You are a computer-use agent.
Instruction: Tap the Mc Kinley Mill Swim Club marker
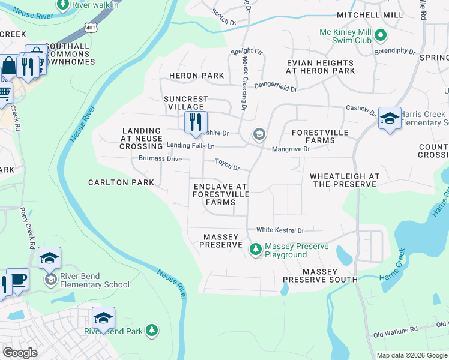(380, 36)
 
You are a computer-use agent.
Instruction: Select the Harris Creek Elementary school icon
(390, 118)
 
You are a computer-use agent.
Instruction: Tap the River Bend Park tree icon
(152, 331)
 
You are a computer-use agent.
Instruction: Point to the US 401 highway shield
(90, 28)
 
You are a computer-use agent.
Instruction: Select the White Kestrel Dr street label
(280, 230)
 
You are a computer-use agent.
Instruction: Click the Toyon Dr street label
(228, 167)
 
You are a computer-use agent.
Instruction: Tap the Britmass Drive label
(160, 159)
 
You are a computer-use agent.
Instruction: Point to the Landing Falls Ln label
(190, 145)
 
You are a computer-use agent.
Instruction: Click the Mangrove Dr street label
(291, 149)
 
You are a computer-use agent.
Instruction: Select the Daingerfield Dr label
(276, 87)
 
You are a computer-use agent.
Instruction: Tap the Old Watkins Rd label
(395, 331)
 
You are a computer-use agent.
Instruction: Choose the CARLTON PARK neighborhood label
(117, 182)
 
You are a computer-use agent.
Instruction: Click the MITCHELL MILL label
(370, 14)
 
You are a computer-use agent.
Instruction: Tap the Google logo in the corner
(20, 353)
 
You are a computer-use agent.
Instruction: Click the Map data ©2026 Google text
(411, 355)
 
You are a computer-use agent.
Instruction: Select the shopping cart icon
(4, 92)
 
